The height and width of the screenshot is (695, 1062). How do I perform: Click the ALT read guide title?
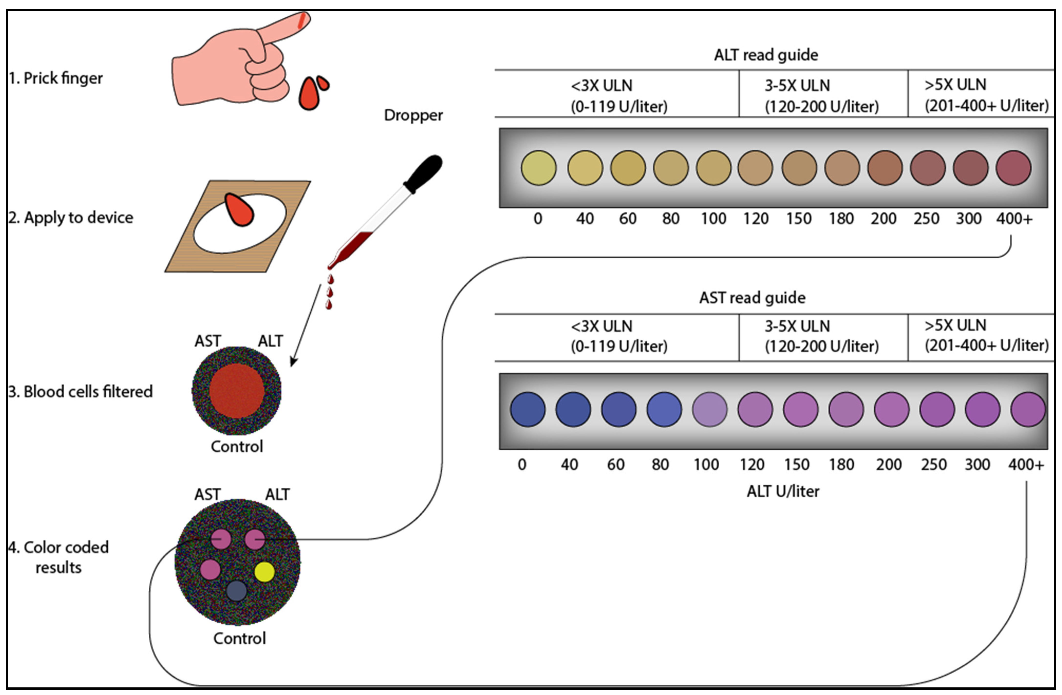(766, 55)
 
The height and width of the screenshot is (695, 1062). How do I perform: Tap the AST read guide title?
(752, 298)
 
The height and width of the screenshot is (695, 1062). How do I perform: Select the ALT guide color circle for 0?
(539, 168)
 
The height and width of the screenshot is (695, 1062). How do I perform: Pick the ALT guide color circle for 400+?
(1013, 168)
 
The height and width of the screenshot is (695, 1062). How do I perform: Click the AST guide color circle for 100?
(710, 409)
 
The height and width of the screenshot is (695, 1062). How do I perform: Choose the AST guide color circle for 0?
(527, 409)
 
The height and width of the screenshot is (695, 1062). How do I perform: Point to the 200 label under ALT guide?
(883, 219)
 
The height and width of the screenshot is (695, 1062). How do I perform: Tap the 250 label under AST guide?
(934, 465)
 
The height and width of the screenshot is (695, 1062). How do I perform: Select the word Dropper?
(413, 115)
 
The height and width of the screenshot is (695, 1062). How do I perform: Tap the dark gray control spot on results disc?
(237, 591)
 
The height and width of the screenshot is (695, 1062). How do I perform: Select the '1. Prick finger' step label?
(56, 78)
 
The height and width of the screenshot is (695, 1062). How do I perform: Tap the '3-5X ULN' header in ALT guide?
(797, 85)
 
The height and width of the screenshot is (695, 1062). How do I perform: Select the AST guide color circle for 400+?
(1028, 409)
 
